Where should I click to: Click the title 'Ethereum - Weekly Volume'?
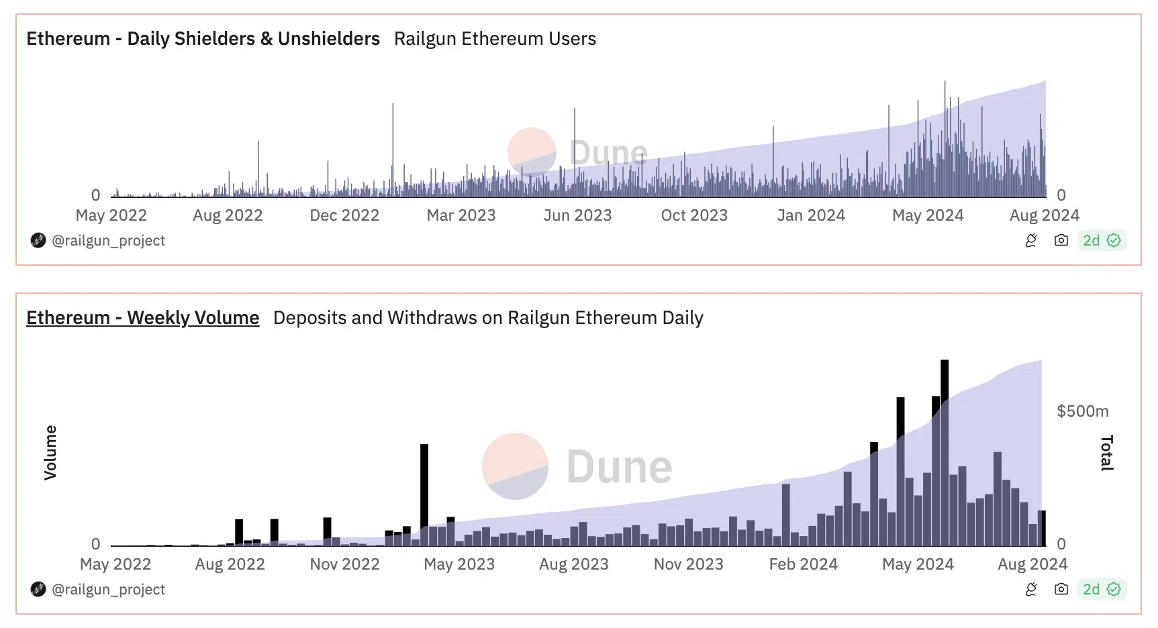point(143,317)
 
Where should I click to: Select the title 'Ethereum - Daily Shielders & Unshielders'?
point(203,38)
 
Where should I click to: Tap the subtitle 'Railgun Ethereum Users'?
point(495,38)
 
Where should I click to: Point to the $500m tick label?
point(1083,411)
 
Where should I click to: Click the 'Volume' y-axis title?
point(50,452)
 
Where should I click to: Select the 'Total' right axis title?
point(1107,453)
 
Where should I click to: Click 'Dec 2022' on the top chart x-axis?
point(344,215)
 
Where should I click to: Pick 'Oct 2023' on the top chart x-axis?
point(694,215)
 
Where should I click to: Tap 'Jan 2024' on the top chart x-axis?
point(811,215)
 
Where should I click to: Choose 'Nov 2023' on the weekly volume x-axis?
point(689,564)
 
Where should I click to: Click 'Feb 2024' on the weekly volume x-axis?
point(804,564)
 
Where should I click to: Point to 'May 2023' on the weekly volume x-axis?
point(459,564)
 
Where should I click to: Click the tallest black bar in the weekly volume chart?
point(945,453)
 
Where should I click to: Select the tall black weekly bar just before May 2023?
point(424,495)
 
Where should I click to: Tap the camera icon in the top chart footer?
point(1061,240)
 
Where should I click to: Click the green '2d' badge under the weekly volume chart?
point(1102,589)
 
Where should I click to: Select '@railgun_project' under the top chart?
point(108,240)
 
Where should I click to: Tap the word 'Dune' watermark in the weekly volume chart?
point(619,467)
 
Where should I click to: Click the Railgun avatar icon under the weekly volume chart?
point(38,589)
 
